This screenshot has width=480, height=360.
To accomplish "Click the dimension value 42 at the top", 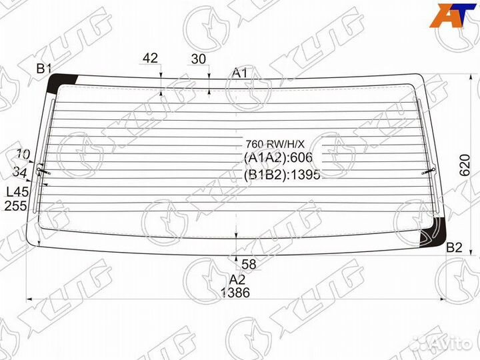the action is tap(150, 58).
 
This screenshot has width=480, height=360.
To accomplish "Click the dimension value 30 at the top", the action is tap(199, 59).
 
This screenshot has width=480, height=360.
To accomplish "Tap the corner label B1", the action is tap(44, 69).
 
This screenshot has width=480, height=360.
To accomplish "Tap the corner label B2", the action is tap(454, 247).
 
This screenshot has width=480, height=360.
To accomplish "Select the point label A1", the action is tap(239, 73).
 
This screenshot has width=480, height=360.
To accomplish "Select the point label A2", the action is tap(237, 279).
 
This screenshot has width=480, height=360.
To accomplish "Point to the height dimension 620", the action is tap(465, 165).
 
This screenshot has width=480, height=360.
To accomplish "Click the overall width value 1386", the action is tap(235, 293).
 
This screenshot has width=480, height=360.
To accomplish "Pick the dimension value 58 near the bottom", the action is tap(249, 264).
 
